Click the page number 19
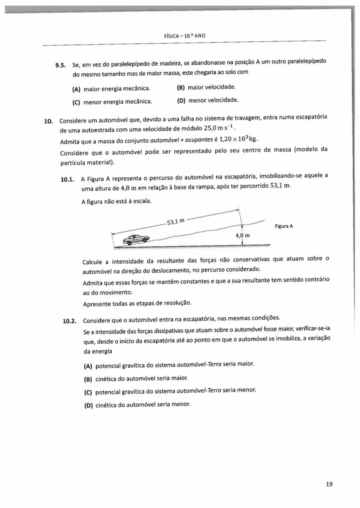click(329, 484)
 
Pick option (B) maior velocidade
click(207, 87)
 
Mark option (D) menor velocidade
click(208, 100)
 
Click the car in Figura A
click(136, 239)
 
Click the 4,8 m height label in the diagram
click(242, 235)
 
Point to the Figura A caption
click(284, 226)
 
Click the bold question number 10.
click(48, 121)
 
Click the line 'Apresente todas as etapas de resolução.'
click(137, 303)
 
